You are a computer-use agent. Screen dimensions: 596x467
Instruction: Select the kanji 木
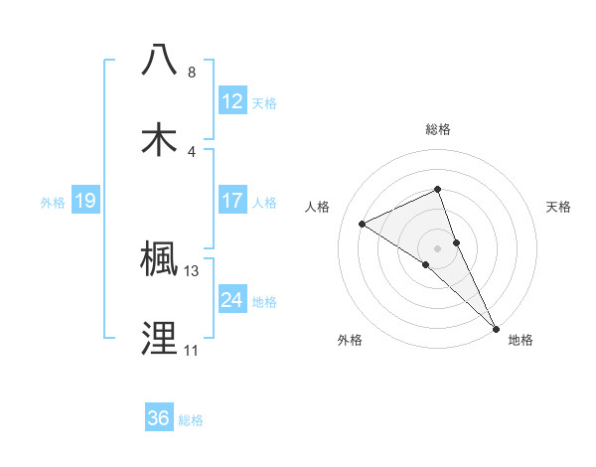coord(160,139)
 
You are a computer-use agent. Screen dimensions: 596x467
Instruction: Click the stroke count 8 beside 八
coord(192,73)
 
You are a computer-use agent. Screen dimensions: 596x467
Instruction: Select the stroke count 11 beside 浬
coord(192,351)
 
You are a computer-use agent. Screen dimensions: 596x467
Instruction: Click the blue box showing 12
coord(232,101)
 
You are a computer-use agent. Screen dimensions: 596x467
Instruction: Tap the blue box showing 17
coord(232,201)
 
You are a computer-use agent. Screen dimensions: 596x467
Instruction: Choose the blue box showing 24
coord(232,300)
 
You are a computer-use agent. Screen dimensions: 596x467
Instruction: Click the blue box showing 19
coord(85,201)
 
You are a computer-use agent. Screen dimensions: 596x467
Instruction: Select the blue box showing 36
coord(159,418)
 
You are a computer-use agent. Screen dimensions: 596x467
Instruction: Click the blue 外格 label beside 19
coord(53,202)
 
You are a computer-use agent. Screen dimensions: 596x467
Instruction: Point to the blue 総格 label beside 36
coord(191,419)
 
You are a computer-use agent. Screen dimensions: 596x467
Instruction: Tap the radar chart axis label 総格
coord(438,129)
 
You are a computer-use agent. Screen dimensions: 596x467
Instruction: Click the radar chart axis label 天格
coord(559,207)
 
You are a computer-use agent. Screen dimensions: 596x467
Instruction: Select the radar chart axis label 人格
coord(317,207)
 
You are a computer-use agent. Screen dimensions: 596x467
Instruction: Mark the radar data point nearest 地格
coord(497,328)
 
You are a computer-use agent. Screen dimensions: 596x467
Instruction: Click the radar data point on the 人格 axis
coord(363,224)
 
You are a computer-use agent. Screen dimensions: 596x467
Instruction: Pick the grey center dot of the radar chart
coord(438,247)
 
